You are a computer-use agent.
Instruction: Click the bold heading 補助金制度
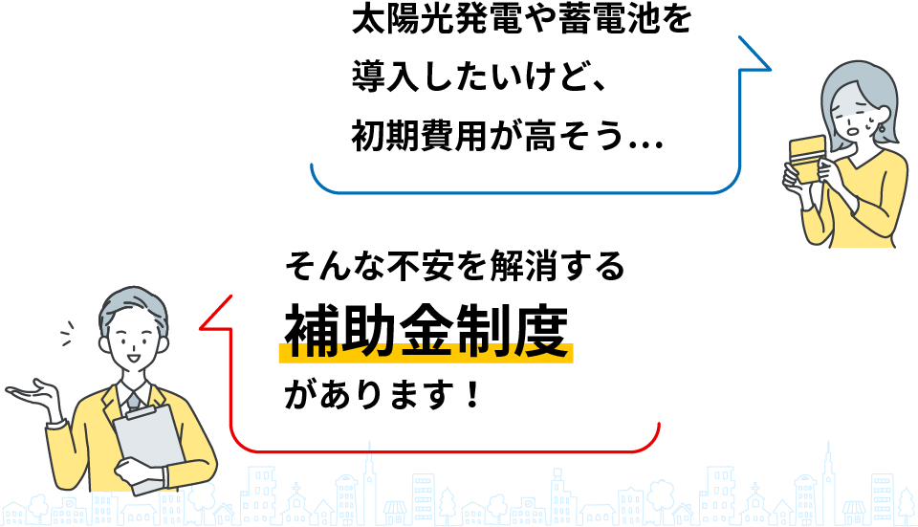pos(426,330)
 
